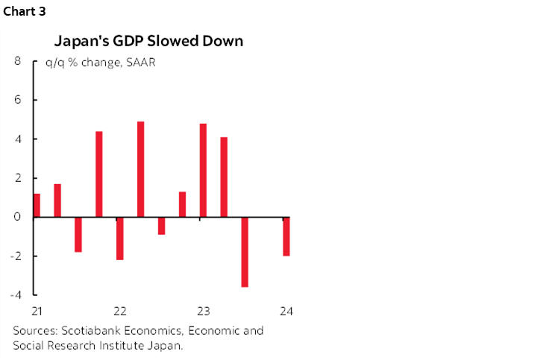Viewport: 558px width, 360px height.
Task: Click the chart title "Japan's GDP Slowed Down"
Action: coord(148,40)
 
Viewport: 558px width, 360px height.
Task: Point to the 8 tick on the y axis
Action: coord(17,62)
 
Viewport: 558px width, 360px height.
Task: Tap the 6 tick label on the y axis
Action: coord(17,101)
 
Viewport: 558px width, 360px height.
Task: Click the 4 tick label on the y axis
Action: coord(17,139)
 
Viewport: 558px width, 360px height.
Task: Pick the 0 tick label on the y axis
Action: coord(17,217)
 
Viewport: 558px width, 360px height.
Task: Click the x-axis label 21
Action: coord(37,311)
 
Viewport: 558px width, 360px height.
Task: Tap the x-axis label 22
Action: coord(119,311)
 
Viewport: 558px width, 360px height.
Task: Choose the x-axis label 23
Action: coord(203,311)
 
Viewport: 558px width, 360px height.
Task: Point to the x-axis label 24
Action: coord(286,311)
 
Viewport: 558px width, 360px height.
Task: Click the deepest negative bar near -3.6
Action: coord(245,252)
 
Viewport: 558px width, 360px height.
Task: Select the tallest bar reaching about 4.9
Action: coord(140,169)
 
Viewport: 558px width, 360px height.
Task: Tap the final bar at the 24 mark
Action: coord(286,236)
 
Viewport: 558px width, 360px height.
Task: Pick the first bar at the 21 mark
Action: coord(37,206)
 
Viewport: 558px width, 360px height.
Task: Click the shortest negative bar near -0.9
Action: coord(161,226)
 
